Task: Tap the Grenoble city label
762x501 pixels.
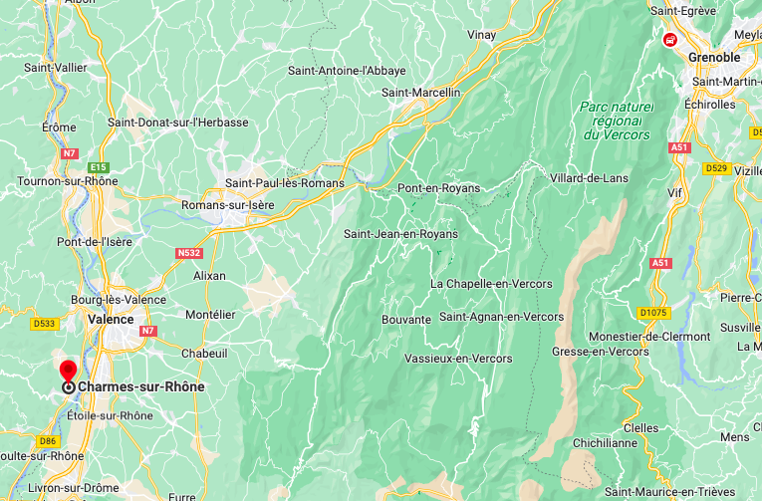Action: click(714, 57)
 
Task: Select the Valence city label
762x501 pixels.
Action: click(111, 319)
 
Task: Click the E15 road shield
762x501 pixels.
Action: click(98, 167)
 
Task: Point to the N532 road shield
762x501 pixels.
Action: click(189, 253)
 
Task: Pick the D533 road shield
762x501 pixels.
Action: click(45, 323)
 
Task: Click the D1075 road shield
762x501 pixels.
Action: click(653, 313)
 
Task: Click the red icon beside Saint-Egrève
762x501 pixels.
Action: click(670, 40)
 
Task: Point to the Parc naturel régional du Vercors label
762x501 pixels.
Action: click(617, 121)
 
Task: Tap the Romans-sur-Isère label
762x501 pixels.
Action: click(227, 206)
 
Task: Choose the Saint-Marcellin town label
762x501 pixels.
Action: click(421, 93)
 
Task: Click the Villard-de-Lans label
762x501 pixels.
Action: click(592, 178)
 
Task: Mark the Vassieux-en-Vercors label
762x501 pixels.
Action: click(459, 358)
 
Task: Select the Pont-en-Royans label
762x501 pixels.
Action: click(438, 188)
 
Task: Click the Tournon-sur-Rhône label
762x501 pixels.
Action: click(68, 181)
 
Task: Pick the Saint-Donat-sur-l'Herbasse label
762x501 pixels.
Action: click(178, 123)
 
